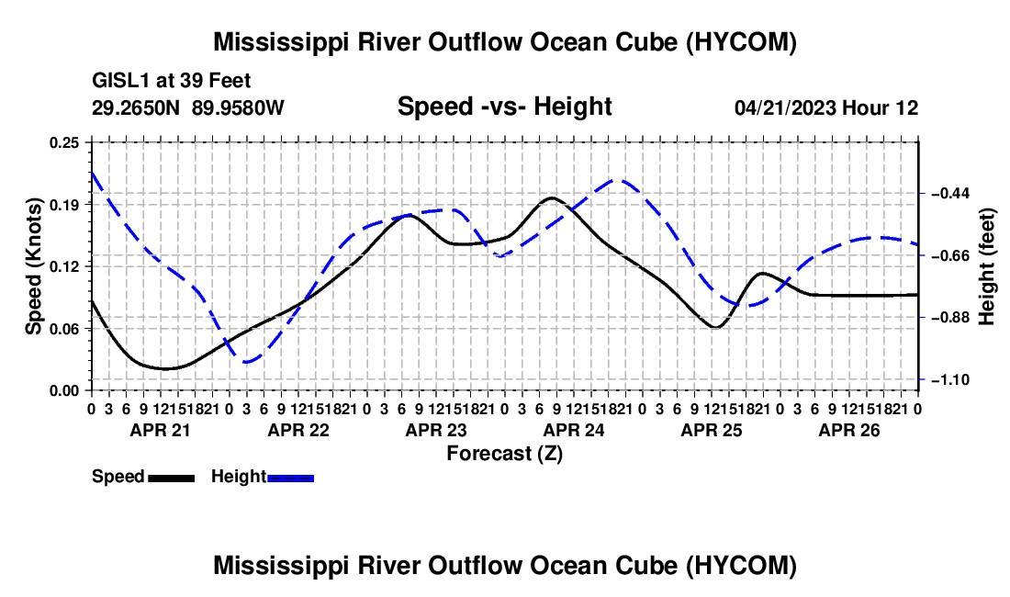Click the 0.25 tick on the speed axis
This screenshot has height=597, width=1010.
coord(64,142)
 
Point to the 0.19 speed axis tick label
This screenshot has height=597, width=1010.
coord(64,205)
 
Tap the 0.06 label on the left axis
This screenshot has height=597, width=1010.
coord(64,329)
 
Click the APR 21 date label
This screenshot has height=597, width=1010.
coord(161,430)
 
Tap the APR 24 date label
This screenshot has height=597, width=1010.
coord(574,430)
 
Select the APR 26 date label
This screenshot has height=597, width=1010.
coord(849,430)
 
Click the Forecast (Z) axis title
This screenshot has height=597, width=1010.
coord(505,454)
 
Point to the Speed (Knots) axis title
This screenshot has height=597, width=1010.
coord(33,266)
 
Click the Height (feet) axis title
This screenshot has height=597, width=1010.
coord(987,266)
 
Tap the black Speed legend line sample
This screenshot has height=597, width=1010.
coord(172,478)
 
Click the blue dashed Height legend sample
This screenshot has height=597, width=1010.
coord(290,478)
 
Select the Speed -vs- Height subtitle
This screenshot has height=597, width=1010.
coord(504,107)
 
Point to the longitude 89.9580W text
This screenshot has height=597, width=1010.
coord(238,107)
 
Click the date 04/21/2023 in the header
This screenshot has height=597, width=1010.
coord(785,107)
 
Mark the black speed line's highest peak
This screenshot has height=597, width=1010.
coord(552,197)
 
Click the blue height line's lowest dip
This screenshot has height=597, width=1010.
coord(247,362)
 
